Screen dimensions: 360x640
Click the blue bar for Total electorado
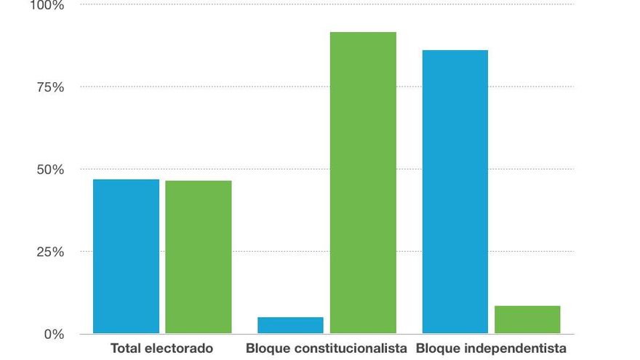tap(126, 256)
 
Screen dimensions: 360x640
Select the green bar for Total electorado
tap(198, 257)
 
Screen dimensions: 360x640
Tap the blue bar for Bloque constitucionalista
tap(290, 325)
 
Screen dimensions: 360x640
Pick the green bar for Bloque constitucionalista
tap(363, 183)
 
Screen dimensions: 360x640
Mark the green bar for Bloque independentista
tap(527, 319)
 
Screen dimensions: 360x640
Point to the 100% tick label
tap(47, 6)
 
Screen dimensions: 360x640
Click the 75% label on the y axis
tap(49, 87)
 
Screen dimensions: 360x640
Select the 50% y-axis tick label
tap(49, 169)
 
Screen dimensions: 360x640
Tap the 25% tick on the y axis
tap(49, 252)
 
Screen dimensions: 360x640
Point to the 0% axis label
tap(53, 335)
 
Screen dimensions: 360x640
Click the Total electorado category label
tap(161, 348)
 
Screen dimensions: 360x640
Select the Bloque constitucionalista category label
tap(327, 348)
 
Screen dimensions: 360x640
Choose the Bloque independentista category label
tap(491, 348)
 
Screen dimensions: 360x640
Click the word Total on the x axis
tap(124, 348)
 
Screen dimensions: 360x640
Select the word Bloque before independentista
tap(436, 348)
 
